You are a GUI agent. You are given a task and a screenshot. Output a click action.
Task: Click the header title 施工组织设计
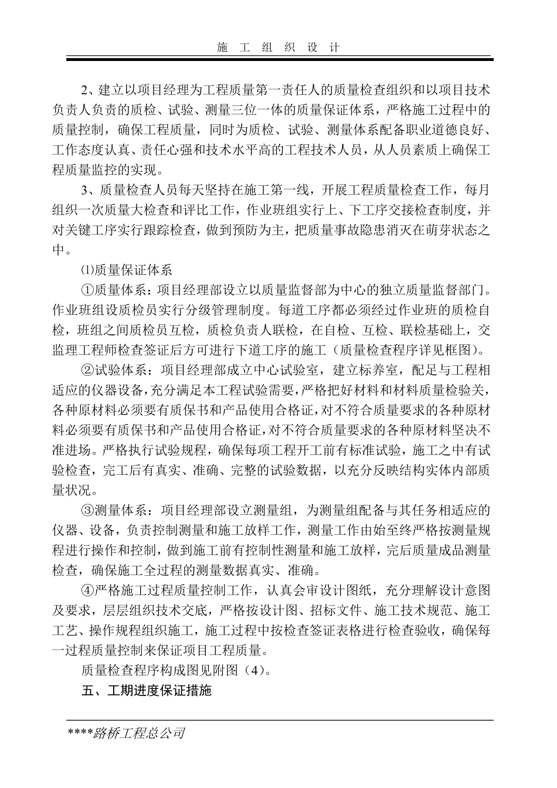(278, 47)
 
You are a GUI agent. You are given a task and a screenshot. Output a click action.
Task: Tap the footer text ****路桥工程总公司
(127, 733)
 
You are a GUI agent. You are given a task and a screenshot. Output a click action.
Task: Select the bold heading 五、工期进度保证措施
(147, 690)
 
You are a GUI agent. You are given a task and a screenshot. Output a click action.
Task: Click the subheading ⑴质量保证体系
(126, 270)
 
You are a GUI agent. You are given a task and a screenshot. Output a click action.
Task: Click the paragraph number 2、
(88, 91)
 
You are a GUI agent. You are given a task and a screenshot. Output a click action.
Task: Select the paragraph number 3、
(88, 190)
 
